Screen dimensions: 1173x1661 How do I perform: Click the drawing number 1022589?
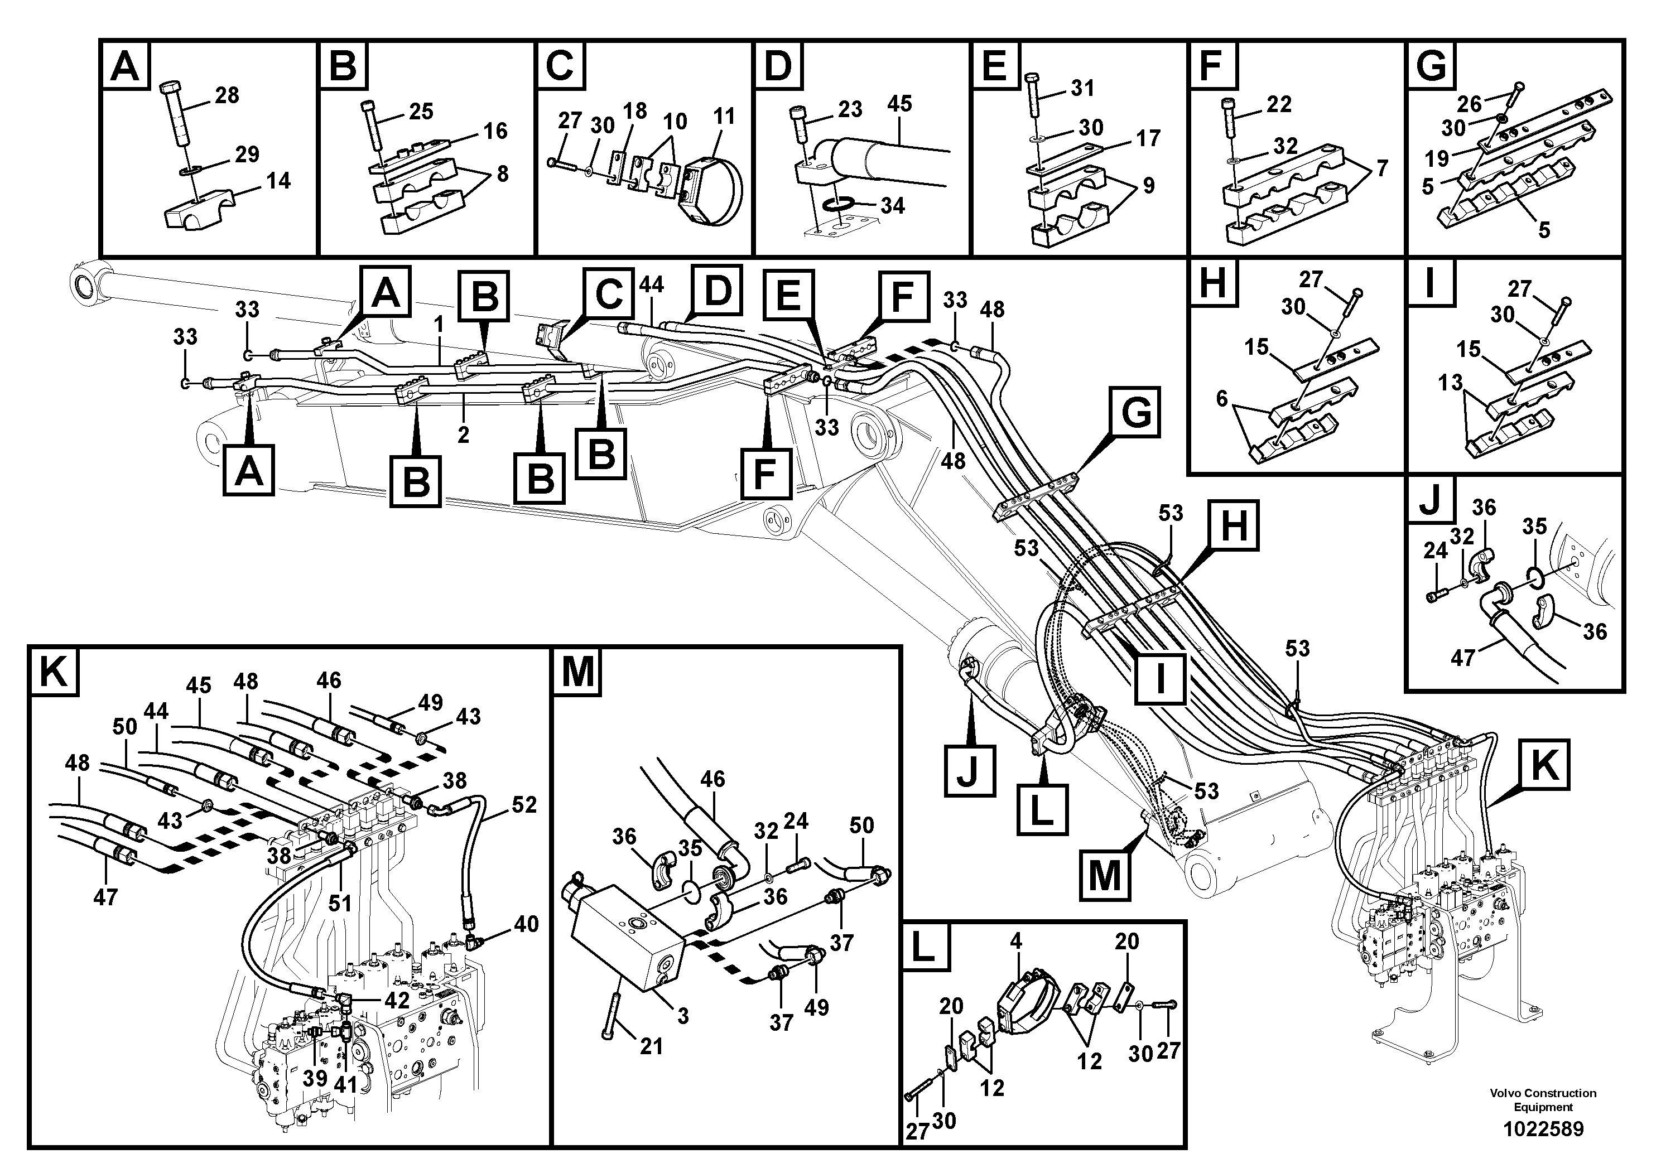point(1543,1129)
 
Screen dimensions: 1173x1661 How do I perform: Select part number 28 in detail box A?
point(227,95)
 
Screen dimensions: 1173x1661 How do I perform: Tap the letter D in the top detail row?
point(778,66)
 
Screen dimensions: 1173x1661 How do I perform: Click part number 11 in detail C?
point(724,117)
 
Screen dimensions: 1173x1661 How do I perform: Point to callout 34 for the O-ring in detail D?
point(892,206)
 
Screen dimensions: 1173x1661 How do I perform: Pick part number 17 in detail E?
point(1148,138)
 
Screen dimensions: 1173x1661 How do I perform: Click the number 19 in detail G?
point(1437,158)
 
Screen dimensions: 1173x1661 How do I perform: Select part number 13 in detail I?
point(1451,382)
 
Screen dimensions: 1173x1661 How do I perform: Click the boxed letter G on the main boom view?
point(1136,413)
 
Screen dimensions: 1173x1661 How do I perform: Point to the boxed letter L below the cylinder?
point(1042,810)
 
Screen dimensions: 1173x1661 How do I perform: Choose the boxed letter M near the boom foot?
point(1105,876)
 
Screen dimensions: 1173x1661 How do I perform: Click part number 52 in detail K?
point(524,804)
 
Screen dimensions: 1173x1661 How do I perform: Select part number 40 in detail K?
point(526,924)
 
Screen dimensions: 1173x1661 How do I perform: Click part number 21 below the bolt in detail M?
point(651,1046)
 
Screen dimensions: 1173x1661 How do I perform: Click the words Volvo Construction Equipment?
point(1543,1099)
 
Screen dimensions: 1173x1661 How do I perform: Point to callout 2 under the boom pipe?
point(463,435)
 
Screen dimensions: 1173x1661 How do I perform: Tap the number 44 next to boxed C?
point(651,285)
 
